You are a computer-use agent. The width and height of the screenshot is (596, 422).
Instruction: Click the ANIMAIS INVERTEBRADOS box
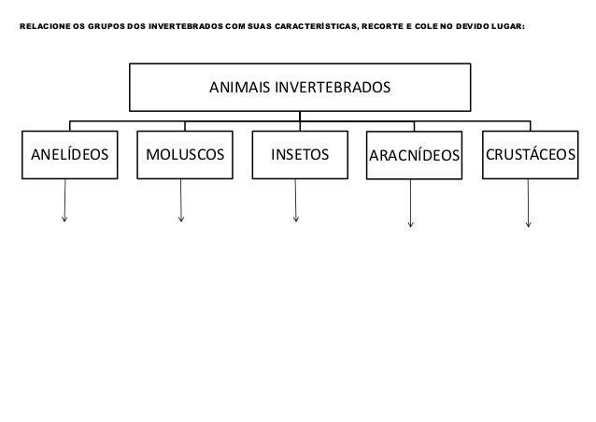pos(299,88)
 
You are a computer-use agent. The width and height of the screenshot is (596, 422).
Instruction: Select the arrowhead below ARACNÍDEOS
pos(412,224)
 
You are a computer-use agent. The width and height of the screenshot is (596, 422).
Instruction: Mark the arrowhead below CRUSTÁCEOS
pos(529,224)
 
